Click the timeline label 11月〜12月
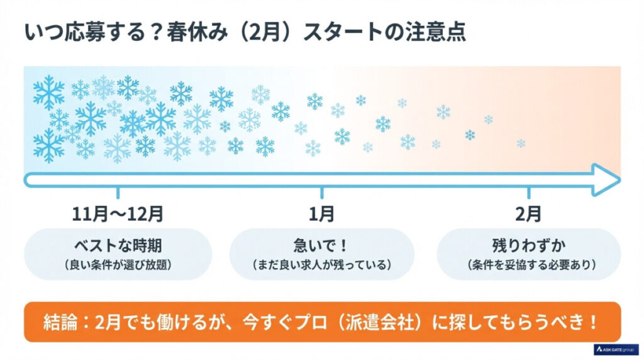click(118, 214)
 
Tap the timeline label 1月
click(321, 214)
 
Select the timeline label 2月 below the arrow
click(528, 214)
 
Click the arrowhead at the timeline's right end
click(607, 179)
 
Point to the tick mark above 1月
click(321, 192)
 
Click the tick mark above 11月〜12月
click(118, 192)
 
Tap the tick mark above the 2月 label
click(528, 192)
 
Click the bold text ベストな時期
click(118, 245)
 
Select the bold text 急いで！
click(321, 245)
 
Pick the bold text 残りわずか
click(528, 245)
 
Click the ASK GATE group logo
click(616, 349)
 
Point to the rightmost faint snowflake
click(521, 143)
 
